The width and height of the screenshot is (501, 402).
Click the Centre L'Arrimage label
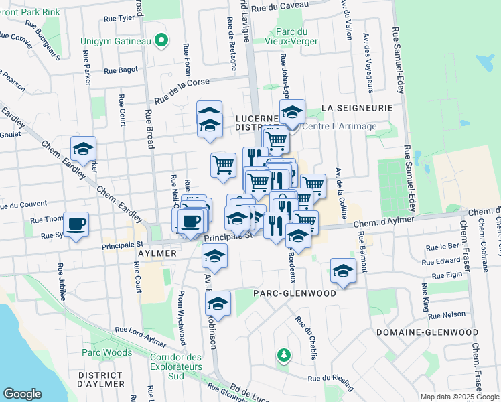click(x=340, y=126)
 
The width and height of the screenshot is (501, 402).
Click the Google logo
click(x=22, y=394)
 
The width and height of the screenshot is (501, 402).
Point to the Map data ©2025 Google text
click(x=459, y=397)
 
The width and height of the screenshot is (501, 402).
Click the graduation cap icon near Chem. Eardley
click(x=84, y=149)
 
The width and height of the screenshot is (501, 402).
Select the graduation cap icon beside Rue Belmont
click(x=343, y=271)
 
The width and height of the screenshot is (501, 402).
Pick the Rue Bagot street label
click(x=121, y=69)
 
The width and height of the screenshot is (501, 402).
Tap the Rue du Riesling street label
click(x=331, y=379)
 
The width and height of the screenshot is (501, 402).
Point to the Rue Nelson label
click(x=447, y=314)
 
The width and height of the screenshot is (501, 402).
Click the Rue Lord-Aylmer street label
click(x=140, y=330)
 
